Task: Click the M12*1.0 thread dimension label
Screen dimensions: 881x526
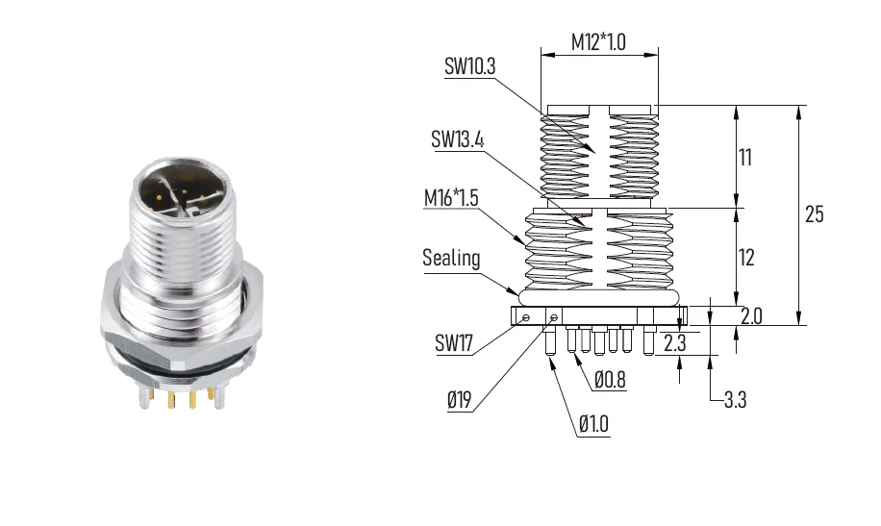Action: (x=598, y=42)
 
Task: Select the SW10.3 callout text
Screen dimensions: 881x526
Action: (x=469, y=66)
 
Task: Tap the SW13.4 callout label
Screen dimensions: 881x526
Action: (x=457, y=138)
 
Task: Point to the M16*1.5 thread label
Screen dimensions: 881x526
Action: (x=451, y=198)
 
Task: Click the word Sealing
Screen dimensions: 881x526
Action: (x=451, y=258)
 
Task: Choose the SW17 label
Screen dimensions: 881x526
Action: (x=454, y=342)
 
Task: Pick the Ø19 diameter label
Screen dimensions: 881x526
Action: (x=459, y=400)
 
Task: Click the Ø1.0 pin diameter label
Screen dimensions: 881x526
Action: (x=593, y=424)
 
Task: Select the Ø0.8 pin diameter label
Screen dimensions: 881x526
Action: (x=610, y=380)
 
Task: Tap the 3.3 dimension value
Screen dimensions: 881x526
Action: (x=735, y=400)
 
